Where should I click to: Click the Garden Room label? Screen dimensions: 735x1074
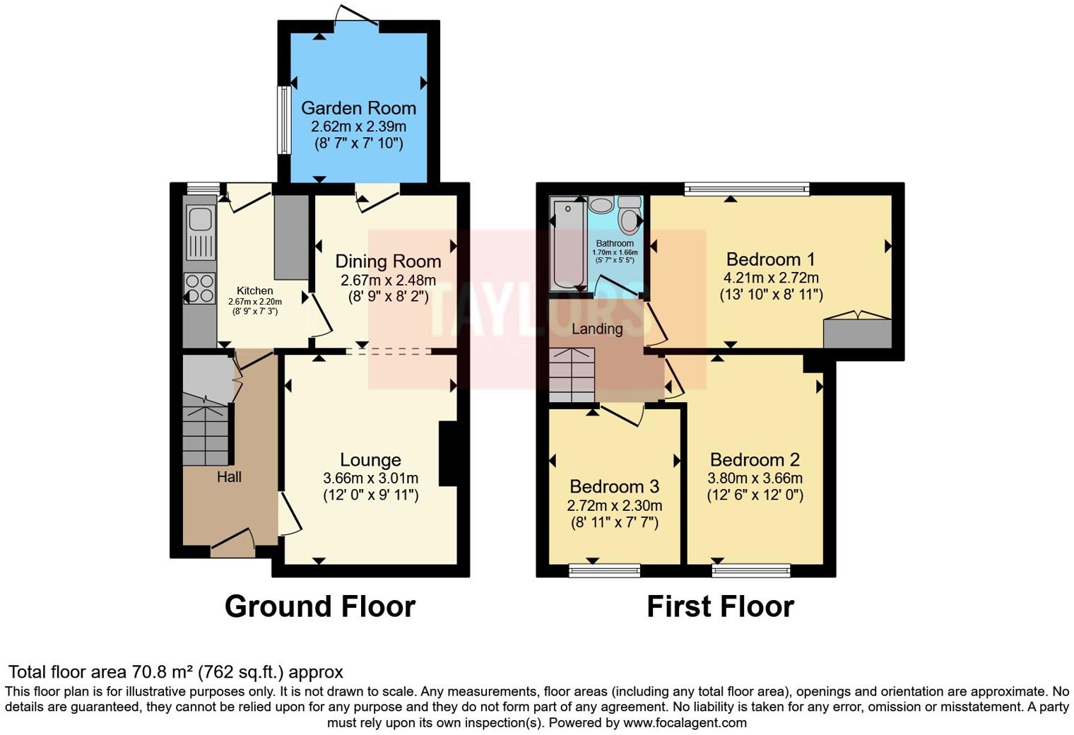358,108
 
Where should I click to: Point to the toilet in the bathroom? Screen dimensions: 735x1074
628,216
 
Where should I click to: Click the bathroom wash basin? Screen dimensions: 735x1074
602,205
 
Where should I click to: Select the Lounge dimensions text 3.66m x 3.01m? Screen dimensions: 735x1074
370,478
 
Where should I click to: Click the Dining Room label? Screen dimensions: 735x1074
388,261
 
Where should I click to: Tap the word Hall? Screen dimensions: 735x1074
229,477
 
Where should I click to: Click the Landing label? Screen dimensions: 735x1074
597,329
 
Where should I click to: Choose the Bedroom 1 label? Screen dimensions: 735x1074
763,259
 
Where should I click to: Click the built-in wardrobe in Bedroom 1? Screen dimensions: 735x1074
857,333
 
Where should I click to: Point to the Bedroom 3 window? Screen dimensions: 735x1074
605,570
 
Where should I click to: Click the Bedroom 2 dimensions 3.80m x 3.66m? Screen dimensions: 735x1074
755,478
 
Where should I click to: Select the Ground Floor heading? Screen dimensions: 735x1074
319,606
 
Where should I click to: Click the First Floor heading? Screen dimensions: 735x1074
720,606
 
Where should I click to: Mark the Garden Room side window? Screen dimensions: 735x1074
283,119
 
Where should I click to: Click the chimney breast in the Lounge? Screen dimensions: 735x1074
448,454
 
